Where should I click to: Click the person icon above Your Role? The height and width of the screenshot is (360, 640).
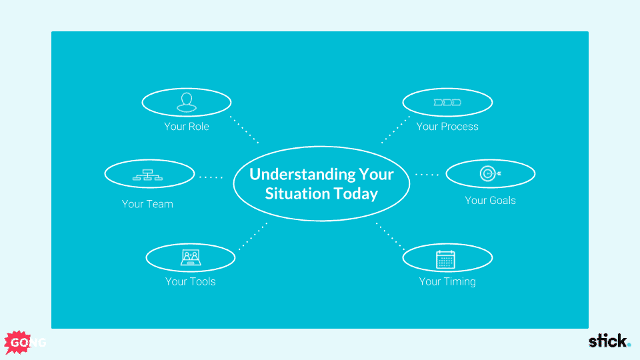[x=187, y=102]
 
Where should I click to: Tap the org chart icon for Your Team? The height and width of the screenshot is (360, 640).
[x=148, y=175]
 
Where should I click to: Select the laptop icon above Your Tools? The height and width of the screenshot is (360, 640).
[x=191, y=257]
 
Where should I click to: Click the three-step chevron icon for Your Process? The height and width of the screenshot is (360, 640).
[x=447, y=103]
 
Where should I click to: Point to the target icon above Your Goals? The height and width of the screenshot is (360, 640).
[x=490, y=173]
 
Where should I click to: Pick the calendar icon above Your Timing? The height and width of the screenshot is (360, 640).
[x=445, y=259]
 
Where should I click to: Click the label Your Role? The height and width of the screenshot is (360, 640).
[x=187, y=127]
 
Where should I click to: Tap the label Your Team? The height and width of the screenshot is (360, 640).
[x=147, y=204]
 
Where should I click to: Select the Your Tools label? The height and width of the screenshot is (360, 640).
[x=190, y=281]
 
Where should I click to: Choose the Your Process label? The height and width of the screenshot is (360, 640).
[x=447, y=127]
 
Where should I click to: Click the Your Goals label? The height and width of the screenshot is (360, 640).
[x=490, y=201]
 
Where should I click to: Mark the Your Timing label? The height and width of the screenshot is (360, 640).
[x=447, y=281]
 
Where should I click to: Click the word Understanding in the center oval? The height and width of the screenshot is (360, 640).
[x=302, y=175]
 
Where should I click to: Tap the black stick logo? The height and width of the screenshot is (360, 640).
[x=609, y=341]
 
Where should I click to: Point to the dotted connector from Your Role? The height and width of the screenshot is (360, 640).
[x=244, y=130]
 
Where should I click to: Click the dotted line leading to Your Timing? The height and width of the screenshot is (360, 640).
[x=390, y=236]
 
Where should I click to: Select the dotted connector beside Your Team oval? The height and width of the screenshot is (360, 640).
[x=211, y=177]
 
